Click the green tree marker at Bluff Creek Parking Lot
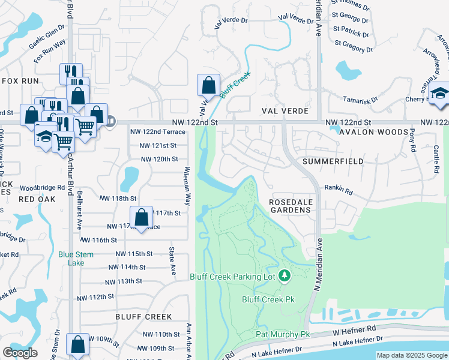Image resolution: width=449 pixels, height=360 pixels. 286,276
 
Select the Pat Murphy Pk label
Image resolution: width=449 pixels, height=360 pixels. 282,334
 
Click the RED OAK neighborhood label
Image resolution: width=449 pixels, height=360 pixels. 36,199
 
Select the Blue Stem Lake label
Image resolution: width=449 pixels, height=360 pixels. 76,259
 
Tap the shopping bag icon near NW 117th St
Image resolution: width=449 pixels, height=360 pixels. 141,217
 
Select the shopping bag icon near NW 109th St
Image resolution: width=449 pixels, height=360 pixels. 77,344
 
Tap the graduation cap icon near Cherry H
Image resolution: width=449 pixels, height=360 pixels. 439,94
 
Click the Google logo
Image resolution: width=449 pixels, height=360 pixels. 20,353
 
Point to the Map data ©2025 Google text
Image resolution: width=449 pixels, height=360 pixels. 412,355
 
